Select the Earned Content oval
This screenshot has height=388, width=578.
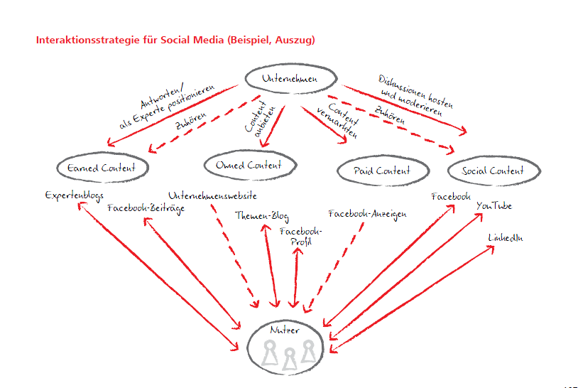pos(104,168)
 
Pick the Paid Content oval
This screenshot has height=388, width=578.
pos(383,171)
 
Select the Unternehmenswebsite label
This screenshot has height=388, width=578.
pos(212,195)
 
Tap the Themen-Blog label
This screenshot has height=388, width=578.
pos(262,217)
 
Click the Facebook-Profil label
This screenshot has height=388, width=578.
pos(301,237)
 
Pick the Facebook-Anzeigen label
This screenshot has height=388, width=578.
pos(367,213)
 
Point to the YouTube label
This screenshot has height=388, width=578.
pos(494,206)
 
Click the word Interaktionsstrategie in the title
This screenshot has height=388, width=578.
pos(78,40)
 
